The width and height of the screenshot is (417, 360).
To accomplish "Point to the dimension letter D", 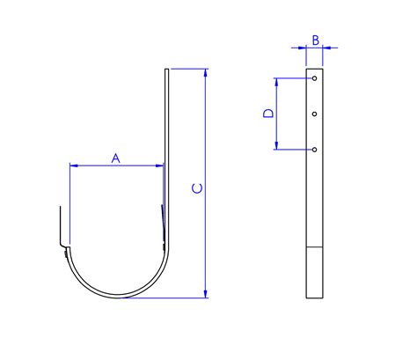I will (270, 114).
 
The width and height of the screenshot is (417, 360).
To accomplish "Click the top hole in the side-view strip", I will (314, 79).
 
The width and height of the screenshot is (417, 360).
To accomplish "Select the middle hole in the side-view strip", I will (314, 114).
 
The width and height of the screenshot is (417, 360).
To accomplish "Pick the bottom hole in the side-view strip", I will (314, 150).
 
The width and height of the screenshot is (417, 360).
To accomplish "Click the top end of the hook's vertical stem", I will (165, 70).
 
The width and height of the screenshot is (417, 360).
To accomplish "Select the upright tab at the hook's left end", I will (61, 225).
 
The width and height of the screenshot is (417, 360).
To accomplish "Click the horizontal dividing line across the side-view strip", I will (314, 246).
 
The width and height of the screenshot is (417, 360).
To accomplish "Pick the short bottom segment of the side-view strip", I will (314, 273).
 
